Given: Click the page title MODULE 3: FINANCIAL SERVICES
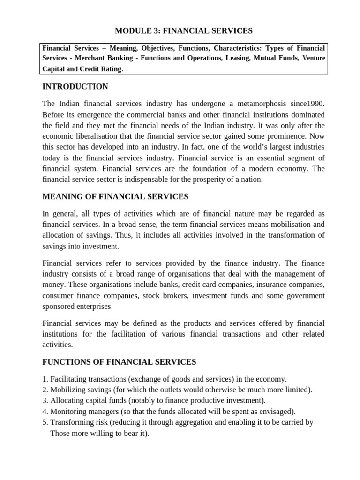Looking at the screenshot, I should point(184,31).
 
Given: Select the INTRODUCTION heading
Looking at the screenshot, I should point(75,87).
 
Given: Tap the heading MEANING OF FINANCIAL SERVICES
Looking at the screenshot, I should point(115,196).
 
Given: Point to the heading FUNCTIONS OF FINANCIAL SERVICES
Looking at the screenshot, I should point(119,362).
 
